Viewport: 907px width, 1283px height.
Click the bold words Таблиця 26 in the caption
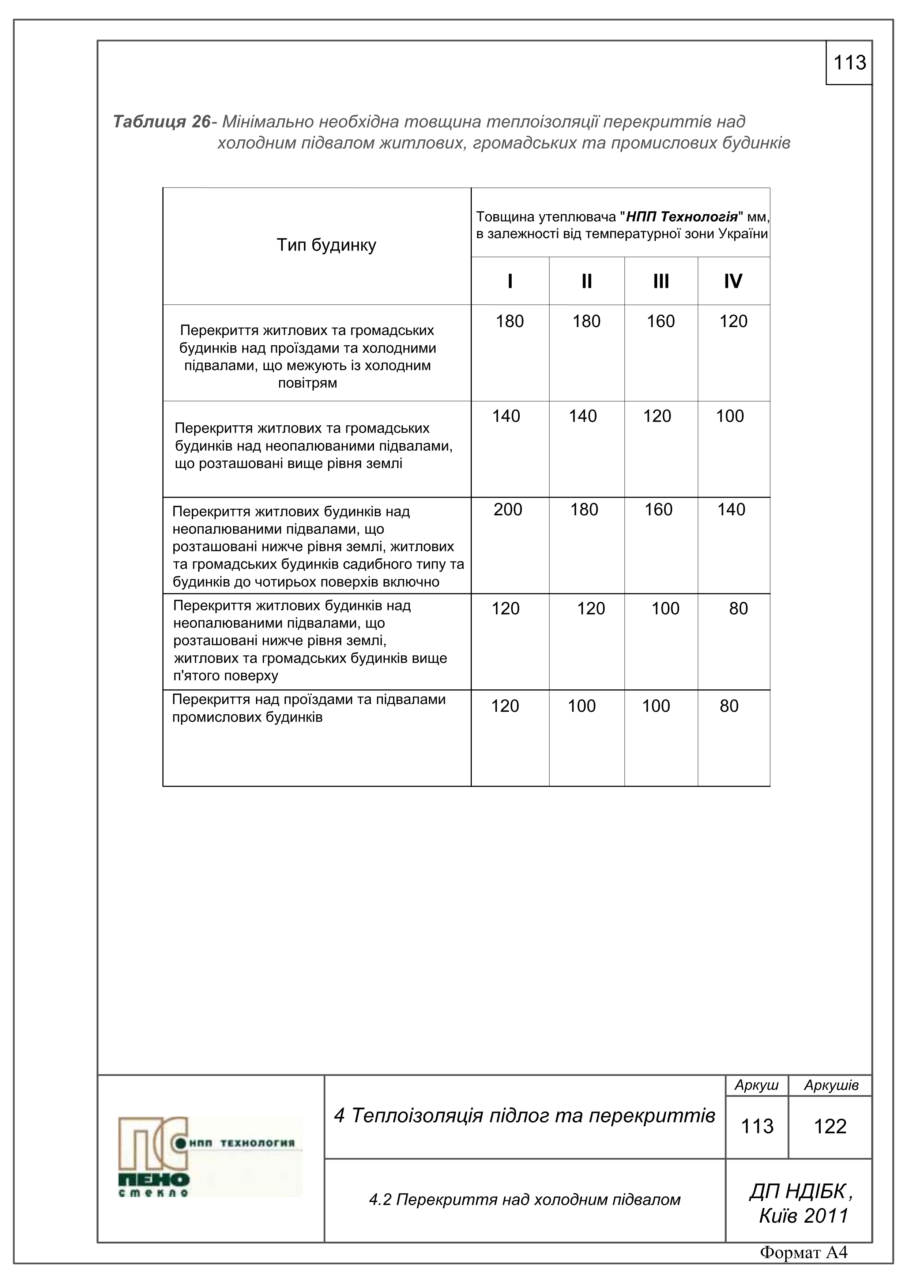(162, 122)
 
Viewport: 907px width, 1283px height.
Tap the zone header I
(510, 281)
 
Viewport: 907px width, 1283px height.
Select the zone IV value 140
(731, 509)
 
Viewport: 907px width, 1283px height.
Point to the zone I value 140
(506, 416)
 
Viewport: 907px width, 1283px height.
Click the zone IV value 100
(730, 416)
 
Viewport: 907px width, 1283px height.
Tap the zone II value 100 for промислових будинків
(582, 706)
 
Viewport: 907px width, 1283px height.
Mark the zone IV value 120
(733, 321)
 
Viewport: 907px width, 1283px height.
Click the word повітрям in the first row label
(307, 383)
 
